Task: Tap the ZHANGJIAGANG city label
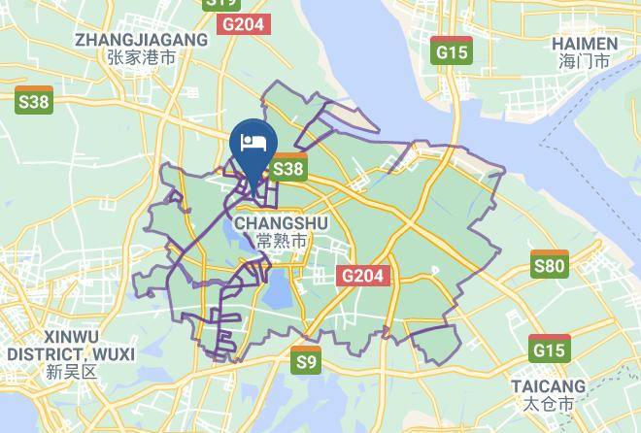pos(142,40)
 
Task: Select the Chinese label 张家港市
pos(142,57)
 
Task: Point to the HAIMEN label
pos(584,44)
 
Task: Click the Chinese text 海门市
pos(584,61)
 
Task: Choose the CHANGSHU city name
pos(282,222)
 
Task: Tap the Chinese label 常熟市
pos(282,240)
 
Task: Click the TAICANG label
pos(550,386)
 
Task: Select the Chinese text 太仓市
pos(550,404)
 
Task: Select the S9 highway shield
pos(307,361)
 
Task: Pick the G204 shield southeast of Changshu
pos(364,277)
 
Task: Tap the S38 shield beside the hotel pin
pos(288,169)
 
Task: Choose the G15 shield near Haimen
pos(452,51)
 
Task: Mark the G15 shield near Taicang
pos(550,348)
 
